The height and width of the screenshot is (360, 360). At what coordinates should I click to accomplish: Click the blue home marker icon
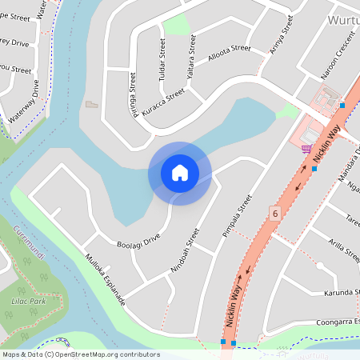pos(180,173)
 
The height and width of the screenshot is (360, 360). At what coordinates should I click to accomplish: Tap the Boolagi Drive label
pos(138,238)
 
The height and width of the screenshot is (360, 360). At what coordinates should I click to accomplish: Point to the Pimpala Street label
pos(236,216)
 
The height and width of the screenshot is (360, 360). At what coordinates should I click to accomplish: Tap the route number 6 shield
pos(275,214)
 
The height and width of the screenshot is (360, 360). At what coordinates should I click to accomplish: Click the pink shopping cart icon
pos(306,148)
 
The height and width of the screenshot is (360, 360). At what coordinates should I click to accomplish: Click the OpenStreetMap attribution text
pos(80,354)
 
